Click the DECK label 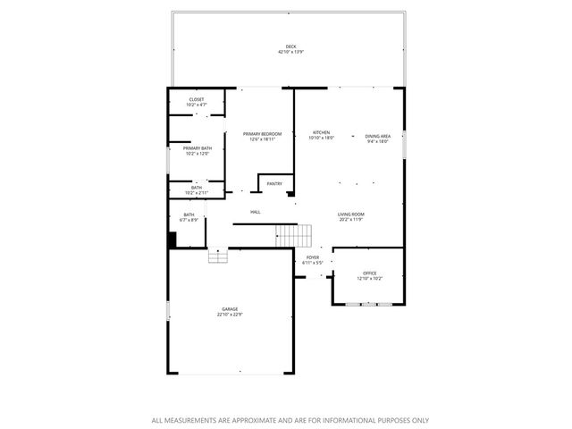[290, 47]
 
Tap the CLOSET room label [197, 99]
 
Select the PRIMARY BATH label [198, 148]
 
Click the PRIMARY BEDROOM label [262, 133]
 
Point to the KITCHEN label [321, 132]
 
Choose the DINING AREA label [378, 135]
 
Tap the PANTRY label [274, 184]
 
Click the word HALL [256, 212]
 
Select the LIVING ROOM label [350, 214]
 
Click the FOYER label [313, 257]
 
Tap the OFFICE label [370, 273]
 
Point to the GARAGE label [230, 309]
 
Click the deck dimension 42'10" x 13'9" [290, 53]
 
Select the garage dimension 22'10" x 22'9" [230, 315]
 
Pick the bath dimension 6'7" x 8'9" [189, 219]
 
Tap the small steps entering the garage [219, 257]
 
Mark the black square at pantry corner [290, 192]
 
